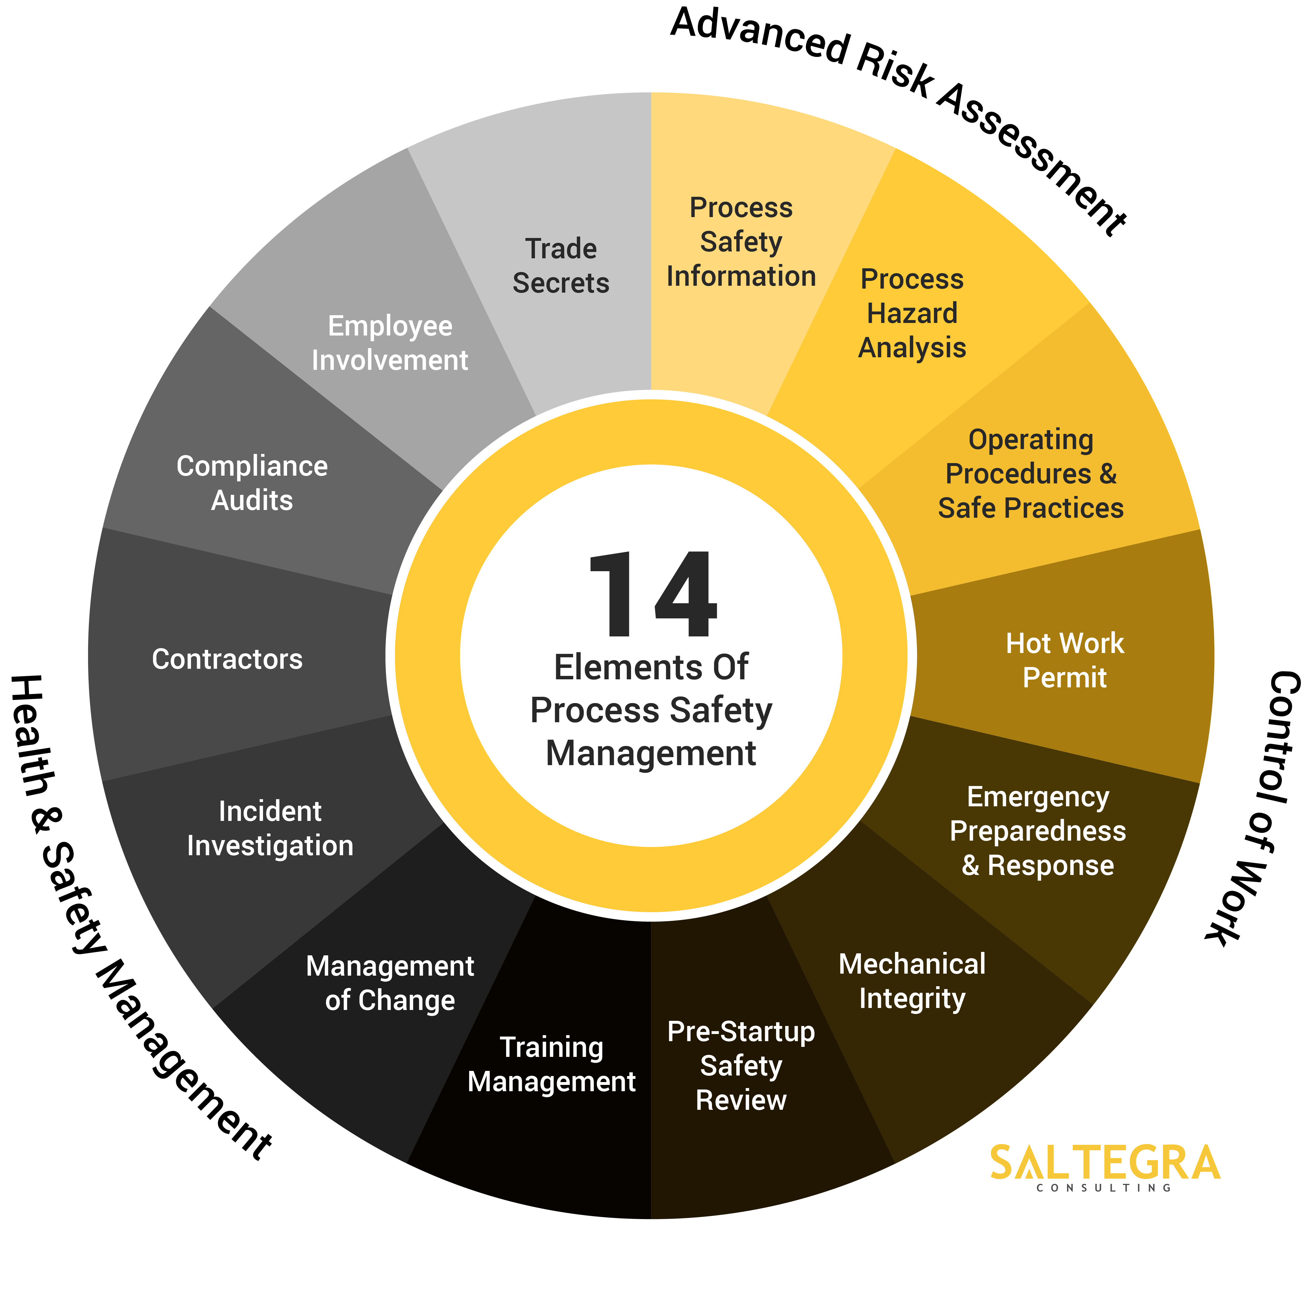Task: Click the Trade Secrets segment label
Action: coord(561,266)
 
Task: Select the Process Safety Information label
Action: coord(741,242)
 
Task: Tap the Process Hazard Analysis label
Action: coord(912,313)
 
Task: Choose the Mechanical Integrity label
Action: coord(912,981)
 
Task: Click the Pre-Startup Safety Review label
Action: coord(741,1066)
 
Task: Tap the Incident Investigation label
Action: coord(270,828)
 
